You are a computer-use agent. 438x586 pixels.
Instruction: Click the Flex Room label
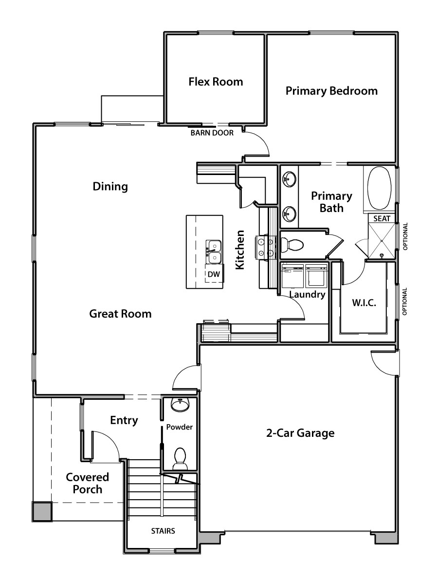[x=216, y=82]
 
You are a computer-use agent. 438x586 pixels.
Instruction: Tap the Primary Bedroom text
[x=332, y=91]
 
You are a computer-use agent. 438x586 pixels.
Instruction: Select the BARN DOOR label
[x=212, y=133]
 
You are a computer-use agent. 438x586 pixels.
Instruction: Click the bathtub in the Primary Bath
[x=380, y=188]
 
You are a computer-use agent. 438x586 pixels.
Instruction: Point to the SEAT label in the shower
[x=382, y=218]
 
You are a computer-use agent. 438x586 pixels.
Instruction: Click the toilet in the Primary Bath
[x=292, y=245]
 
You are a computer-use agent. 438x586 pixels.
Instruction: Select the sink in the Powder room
[x=180, y=405]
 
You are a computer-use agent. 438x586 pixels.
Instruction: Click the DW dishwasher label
[x=214, y=274]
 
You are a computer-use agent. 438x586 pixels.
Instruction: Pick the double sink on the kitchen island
[x=214, y=252]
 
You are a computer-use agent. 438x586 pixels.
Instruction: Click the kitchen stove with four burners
[x=265, y=248]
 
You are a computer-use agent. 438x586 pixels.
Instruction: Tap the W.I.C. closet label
[x=364, y=303]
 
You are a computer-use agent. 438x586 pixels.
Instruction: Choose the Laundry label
[x=307, y=294]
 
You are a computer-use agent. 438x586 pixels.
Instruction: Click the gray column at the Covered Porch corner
[x=42, y=511]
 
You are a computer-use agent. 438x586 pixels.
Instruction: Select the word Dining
[x=110, y=186]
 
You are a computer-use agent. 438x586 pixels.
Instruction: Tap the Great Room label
[x=120, y=313]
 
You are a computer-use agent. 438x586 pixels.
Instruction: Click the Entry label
[x=124, y=420]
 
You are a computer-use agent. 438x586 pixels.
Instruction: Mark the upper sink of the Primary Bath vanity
[x=290, y=178]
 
